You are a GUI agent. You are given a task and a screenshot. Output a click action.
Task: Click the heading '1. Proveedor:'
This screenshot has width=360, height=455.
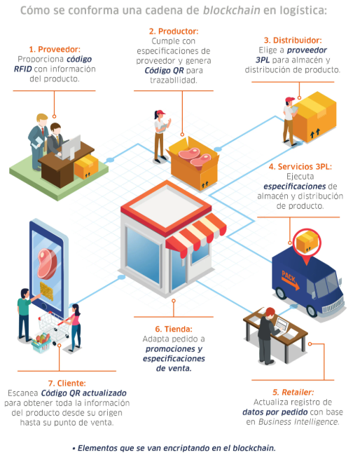(55, 49)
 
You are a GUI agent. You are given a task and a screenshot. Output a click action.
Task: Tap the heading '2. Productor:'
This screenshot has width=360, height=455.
(174, 31)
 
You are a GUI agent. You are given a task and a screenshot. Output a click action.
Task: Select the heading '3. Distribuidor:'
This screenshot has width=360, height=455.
(293, 40)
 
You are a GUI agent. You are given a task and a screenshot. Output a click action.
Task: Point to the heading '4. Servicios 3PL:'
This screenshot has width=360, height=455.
(300, 167)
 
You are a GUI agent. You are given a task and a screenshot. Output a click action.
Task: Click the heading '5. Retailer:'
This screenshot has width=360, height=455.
(293, 393)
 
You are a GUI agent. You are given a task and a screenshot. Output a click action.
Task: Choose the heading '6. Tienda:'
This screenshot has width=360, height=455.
(174, 329)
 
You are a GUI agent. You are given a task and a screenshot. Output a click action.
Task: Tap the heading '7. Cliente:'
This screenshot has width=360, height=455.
(67, 383)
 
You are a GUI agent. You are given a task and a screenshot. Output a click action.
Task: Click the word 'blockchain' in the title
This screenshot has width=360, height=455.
(231, 11)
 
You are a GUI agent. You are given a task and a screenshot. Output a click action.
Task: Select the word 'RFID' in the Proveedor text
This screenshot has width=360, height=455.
(23, 69)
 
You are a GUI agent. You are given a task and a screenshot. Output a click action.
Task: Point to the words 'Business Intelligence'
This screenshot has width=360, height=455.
(298, 421)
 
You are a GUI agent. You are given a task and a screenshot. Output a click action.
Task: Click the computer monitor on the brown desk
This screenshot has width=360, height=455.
(71, 147)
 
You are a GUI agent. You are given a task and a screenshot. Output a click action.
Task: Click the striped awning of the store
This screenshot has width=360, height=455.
(196, 234)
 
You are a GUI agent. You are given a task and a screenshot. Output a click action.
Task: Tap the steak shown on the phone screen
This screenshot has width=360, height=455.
(47, 264)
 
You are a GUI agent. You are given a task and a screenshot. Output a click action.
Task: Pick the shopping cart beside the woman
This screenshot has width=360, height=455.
(54, 328)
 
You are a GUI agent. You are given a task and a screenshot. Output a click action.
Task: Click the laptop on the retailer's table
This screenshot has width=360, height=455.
(282, 327)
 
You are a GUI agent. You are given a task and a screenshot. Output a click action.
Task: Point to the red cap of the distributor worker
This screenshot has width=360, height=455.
(289, 100)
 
